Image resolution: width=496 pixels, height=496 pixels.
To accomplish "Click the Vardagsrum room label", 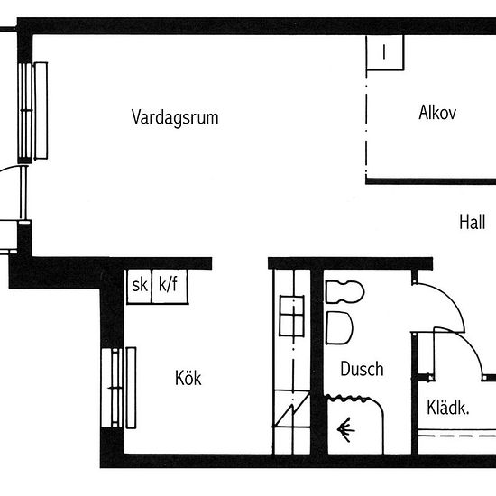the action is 175,117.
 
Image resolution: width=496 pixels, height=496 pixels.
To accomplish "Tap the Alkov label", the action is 437,113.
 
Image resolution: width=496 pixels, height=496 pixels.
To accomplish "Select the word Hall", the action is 472,222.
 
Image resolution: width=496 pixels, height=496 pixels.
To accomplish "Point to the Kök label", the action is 188,378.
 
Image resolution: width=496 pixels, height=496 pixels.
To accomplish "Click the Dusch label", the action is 362,369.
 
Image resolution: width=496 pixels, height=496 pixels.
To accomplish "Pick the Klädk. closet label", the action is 447,408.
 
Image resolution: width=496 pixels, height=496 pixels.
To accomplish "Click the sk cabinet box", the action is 139,286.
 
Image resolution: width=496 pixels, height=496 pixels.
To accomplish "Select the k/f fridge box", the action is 170,286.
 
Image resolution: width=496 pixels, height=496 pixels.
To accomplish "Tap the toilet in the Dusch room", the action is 344,291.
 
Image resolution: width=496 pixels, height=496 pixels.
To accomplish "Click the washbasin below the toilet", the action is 339,327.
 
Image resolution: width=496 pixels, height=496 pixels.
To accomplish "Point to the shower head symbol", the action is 345,429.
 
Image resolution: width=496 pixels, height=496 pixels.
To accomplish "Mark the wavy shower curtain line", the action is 348,399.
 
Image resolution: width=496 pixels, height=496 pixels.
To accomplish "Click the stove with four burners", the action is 291,316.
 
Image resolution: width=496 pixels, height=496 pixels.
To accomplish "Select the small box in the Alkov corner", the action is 385,52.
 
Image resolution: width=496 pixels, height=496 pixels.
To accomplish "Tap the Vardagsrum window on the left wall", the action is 32,111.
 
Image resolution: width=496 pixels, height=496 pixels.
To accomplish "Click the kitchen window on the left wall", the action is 119,388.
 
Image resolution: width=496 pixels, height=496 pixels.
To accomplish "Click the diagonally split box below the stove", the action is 291,409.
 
